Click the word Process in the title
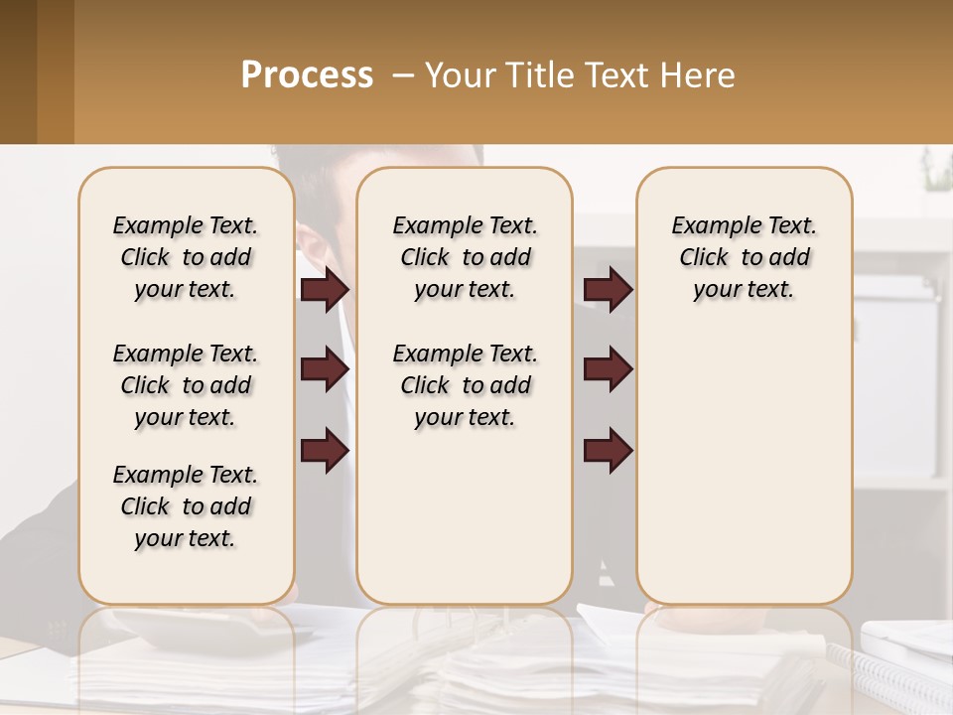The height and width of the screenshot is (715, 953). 307,75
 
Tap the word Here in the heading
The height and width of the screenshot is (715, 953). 700,75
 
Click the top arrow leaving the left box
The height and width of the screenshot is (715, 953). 325,290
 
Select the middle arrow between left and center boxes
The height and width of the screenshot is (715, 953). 325,369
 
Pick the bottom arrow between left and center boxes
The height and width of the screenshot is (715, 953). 325,450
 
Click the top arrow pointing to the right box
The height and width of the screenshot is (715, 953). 608,290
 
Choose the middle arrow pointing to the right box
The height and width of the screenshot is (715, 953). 608,369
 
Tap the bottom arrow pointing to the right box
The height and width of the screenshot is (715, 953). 608,450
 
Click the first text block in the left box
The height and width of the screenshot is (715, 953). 186,257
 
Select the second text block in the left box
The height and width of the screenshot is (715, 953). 186,385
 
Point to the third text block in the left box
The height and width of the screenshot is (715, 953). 186,506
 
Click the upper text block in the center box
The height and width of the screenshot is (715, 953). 465,257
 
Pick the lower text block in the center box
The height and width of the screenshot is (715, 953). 465,385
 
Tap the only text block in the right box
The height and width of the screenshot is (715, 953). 744,257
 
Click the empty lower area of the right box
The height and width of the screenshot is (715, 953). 744,467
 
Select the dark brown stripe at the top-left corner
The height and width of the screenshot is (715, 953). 18,71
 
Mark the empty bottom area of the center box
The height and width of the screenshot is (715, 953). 465,526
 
